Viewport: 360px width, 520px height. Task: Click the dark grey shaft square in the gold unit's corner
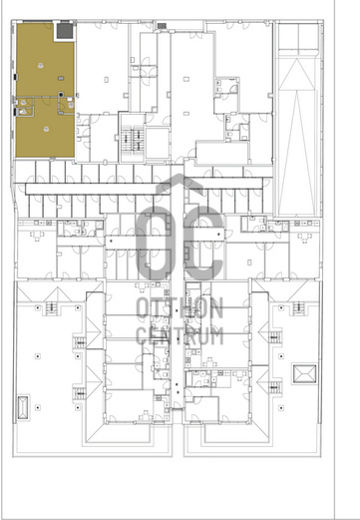click(65, 31)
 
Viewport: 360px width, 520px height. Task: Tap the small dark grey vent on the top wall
click(162, 26)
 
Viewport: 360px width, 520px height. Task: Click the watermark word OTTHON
click(180, 307)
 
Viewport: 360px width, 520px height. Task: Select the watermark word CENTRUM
click(180, 335)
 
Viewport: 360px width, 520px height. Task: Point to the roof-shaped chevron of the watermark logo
click(180, 185)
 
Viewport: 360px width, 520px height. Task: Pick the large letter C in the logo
click(203, 243)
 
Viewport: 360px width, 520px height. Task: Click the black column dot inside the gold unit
click(61, 95)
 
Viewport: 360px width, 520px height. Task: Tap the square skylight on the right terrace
click(304, 374)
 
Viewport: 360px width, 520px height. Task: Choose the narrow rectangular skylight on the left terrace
click(23, 407)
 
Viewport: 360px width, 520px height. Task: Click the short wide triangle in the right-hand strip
click(297, 74)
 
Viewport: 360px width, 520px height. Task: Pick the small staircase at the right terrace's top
click(298, 306)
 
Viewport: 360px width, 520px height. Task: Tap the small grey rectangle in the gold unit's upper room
click(61, 78)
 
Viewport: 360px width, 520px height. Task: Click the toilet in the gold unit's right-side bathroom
click(71, 105)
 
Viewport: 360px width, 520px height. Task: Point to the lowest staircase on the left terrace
click(79, 394)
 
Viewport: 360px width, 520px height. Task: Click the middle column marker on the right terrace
click(281, 356)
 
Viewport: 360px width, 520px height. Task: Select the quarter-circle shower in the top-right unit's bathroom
click(234, 88)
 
